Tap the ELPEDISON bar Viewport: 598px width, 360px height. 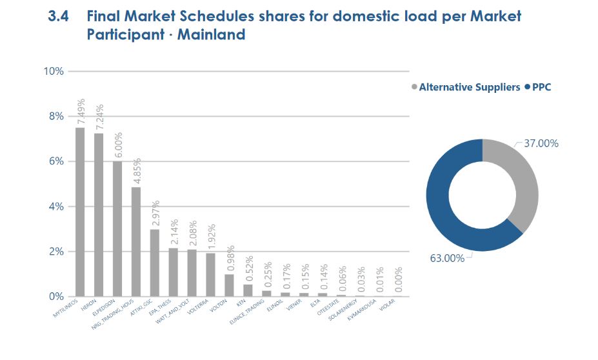pos(117,228)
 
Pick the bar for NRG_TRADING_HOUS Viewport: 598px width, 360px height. pos(136,241)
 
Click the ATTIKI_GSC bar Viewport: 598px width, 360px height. pos(155,263)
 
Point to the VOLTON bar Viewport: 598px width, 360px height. pos(229,285)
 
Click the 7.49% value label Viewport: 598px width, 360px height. pos(81,111)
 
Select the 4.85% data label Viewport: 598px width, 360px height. pos(137,170)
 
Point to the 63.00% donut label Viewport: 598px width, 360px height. pos(447,258)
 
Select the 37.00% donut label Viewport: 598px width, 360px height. pos(541,143)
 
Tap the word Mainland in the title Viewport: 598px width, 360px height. pos(214,35)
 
